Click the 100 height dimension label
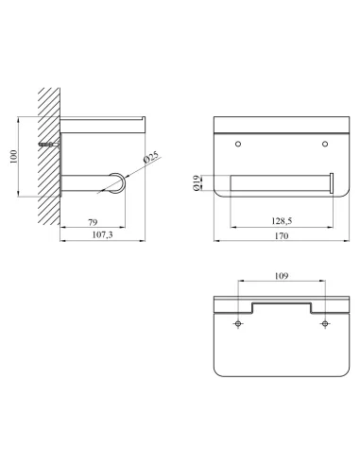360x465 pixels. pos(14,157)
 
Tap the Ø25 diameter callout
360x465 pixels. pos(152,157)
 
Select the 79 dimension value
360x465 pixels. pos(93,222)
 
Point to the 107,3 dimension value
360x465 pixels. pos(102,234)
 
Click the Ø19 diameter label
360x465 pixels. pos(196,183)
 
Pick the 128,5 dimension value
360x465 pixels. pos(282,221)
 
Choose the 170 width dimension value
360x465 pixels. pos(282,235)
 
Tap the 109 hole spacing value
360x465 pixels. pos(282,276)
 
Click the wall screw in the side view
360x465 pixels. pos(49,145)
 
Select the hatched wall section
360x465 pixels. pos(49,156)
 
